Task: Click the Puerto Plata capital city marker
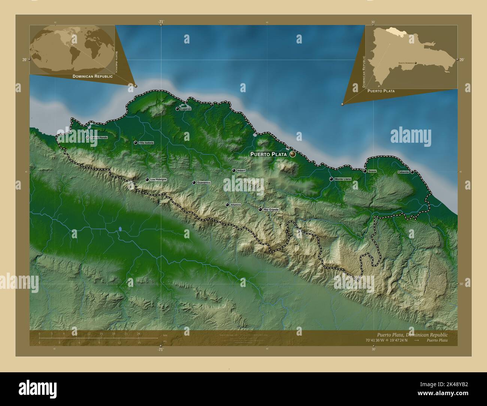(x=292, y=154)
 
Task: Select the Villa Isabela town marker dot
(x=136, y=143)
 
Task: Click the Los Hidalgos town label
(x=158, y=180)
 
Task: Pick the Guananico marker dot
(x=194, y=183)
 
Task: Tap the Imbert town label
(x=241, y=171)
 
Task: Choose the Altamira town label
(x=236, y=205)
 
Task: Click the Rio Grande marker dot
(x=260, y=210)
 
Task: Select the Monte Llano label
(x=343, y=179)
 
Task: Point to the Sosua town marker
(x=365, y=171)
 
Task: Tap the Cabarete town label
(x=403, y=172)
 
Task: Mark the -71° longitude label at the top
(x=161, y=22)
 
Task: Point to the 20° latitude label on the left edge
(x=24, y=60)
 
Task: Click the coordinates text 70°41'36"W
(x=376, y=340)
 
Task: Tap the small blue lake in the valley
(x=120, y=228)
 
